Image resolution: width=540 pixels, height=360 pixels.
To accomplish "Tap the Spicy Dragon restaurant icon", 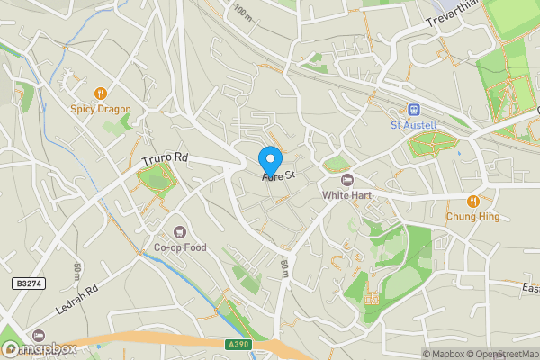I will pos(101,92).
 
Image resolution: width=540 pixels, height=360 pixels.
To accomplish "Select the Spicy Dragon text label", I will pos(101,109).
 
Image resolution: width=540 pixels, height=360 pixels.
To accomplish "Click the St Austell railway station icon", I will pos(413,109).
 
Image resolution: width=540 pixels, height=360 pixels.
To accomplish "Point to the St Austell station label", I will pos(413,125).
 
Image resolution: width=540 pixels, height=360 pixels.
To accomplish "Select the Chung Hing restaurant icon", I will pos(472,200).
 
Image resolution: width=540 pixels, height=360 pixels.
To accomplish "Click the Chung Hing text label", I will pos(472,216).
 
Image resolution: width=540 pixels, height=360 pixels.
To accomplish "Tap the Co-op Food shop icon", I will pos(180,231).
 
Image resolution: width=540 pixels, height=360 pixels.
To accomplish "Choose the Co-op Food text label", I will pos(180,247).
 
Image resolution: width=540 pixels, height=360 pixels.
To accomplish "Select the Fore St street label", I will pos(279,177).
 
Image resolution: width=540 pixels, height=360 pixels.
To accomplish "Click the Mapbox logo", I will pos(40,348).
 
